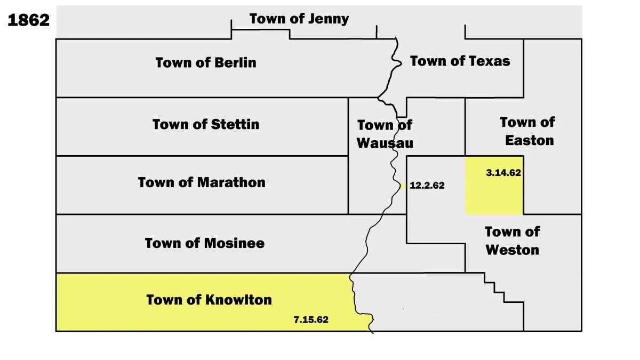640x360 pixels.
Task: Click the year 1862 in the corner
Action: [28, 20]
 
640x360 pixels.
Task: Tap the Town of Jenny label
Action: [299, 19]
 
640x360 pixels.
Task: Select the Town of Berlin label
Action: [206, 62]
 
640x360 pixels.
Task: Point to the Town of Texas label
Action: [460, 61]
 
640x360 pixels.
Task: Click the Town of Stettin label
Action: [206, 124]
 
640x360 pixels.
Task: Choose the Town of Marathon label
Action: [202, 182]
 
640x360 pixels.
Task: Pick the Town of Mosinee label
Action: [205, 243]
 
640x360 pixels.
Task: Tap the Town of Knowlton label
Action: [209, 300]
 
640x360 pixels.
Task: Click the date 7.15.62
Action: [311, 320]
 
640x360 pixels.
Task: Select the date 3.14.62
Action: [503, 173]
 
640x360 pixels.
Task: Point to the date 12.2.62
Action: [427, 186]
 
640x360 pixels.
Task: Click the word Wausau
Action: [385, 143]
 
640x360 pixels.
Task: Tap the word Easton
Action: [529, 141]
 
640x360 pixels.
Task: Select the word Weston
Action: [512, 250]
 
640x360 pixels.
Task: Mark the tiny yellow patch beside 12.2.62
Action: [404, 186]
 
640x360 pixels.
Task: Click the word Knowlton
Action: [238, 300]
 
